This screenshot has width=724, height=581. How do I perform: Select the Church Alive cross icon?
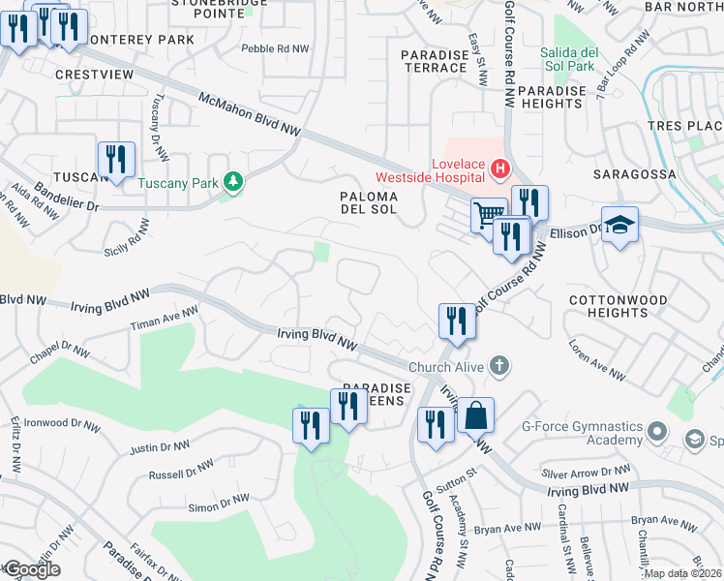pyautogui.click(x=498, y=366)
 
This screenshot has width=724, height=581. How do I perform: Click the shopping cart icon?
pyautogui.click(x=489, y=214)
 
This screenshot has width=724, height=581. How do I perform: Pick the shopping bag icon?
pyautogui.click(x=475, y=416)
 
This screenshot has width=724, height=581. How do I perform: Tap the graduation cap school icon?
pyautogui.click(x=620, y=226)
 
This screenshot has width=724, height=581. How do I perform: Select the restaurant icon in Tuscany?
pyautogui.click(x=116, y=160)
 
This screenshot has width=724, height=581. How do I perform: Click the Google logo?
pyautogui.click(x=31, y=569)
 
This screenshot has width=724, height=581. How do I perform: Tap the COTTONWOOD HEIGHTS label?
pyautogui.click(x=618, y=306)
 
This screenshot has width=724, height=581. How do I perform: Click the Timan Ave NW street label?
pyautogui.click(x=166, y=321)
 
